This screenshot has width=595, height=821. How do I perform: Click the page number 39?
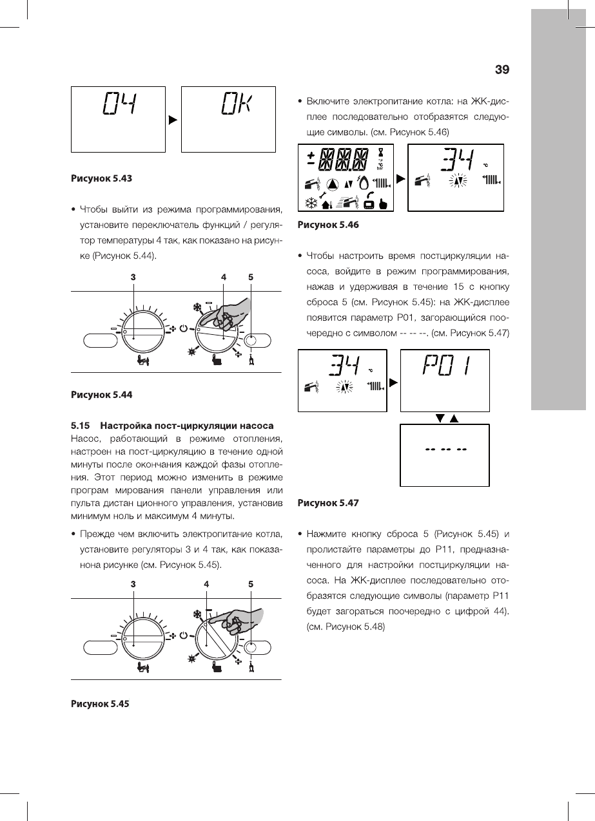coord(502,69)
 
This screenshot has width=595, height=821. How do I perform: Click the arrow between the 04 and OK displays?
coord(173,119)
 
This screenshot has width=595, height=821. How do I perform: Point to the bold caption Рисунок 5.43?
coord(101,178)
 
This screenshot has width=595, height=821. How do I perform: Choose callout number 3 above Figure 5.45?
coord(133,584)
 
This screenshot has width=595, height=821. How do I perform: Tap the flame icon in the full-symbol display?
coord(364,184)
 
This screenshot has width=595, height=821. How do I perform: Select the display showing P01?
coord(445,380)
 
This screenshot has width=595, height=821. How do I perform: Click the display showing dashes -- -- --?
coord(445,455)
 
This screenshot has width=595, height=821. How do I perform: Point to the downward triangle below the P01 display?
coord(440,419)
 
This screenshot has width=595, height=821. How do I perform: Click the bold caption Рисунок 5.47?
coord(327,503)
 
